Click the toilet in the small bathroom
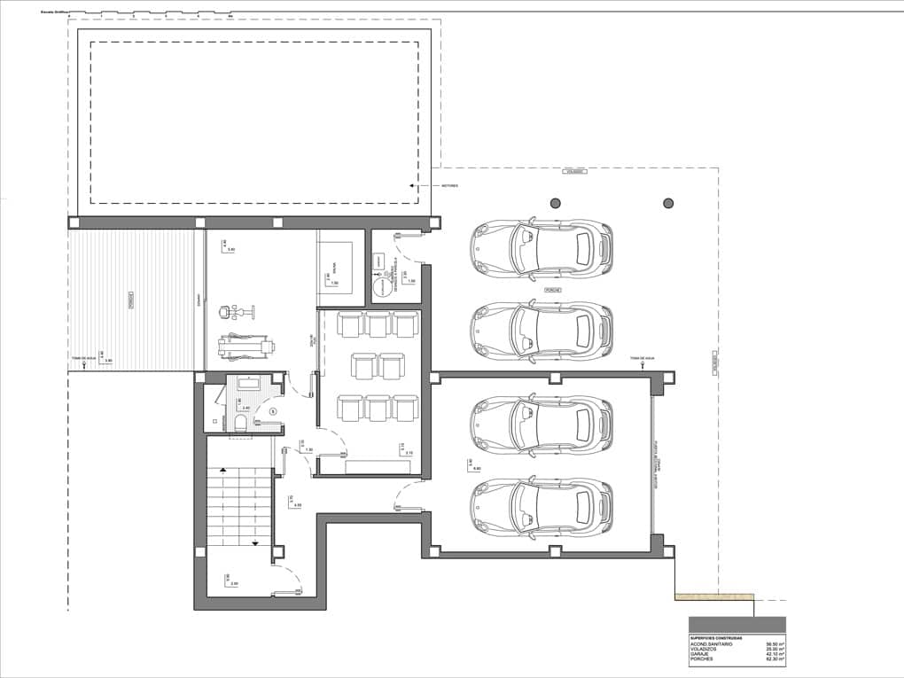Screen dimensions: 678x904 [238, 424]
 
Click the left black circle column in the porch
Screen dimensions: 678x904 [556, 203]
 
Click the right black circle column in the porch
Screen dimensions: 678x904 [668, 203]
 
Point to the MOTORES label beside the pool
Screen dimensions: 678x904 [449, 186]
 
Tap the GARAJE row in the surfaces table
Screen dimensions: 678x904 [700, 654]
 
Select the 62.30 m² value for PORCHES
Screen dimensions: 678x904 [775, 659]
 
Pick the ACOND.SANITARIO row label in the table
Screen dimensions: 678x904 [712, 643]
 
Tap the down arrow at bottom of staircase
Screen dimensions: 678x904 [255, 542]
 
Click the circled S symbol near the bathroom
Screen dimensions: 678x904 [273, 411]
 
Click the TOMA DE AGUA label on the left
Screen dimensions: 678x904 [84, 359]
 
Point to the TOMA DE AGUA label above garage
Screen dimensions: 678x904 [642, 359]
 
